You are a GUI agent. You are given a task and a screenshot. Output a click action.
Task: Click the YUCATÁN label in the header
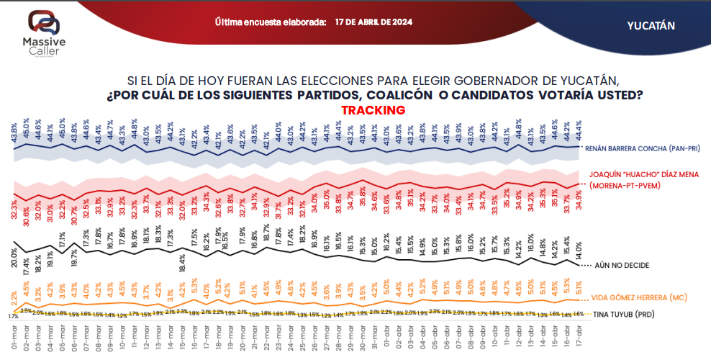pyautogui.click(x=651, y=25)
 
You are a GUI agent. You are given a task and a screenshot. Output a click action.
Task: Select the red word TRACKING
pyautogui.click(x=373, y=110)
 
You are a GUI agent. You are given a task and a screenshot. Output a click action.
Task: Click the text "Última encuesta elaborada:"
pyautogui.click(x=271, y=22)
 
